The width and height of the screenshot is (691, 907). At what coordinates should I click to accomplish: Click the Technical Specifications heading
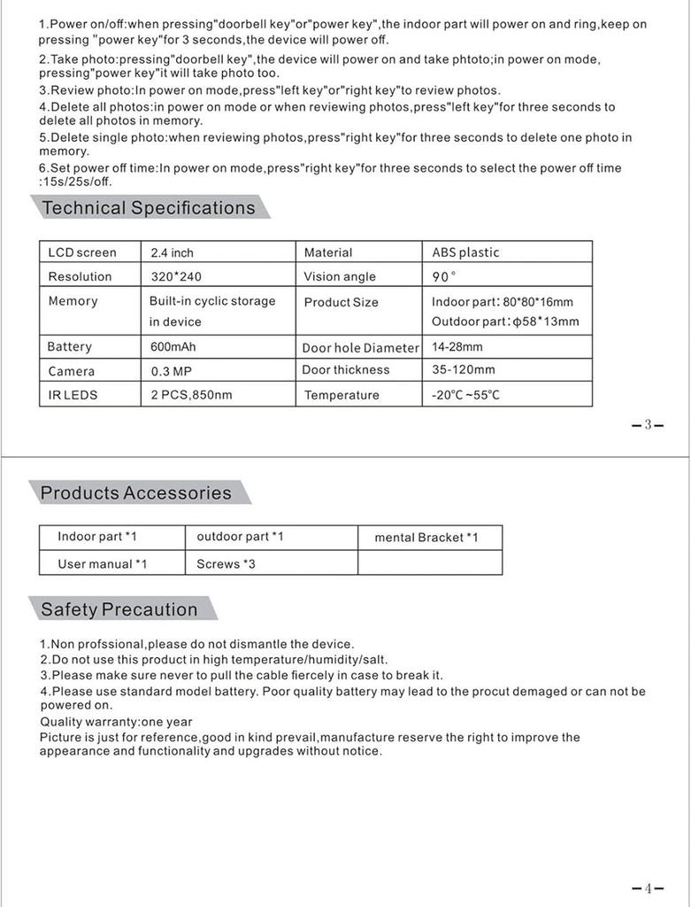(149, 208)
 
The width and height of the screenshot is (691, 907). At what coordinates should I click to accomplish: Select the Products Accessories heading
(136, 492)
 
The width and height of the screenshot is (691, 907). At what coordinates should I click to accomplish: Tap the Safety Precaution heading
(119, 609)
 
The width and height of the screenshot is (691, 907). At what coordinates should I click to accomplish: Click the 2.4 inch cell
(172, 252)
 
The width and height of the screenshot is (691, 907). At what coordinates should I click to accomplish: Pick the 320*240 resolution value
(176, 276)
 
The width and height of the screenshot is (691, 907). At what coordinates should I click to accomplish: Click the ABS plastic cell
(465, 252)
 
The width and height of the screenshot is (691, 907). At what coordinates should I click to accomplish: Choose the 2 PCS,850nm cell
(191, 395)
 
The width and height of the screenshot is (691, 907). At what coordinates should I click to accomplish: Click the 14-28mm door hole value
(457, 347)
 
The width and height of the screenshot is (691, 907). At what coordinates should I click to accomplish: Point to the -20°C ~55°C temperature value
(465, 395)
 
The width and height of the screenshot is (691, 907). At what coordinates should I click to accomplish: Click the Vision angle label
(340, 276)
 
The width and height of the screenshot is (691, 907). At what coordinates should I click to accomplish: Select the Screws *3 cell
(226, 563)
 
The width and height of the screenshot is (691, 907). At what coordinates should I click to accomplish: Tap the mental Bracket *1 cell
(426, 538)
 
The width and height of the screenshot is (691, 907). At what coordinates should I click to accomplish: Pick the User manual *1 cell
(103, 563)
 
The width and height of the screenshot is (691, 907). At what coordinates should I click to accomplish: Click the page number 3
(648, 424)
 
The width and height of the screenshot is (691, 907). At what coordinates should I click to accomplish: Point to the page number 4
(648, 888)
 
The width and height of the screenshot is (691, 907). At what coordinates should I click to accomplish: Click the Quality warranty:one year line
(116, 722)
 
